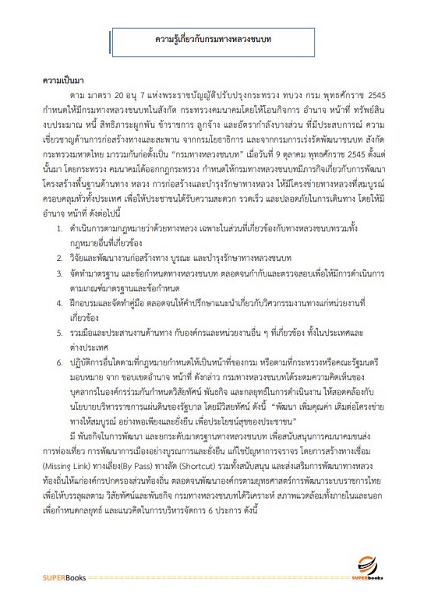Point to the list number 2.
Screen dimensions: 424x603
tap(61, 257)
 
